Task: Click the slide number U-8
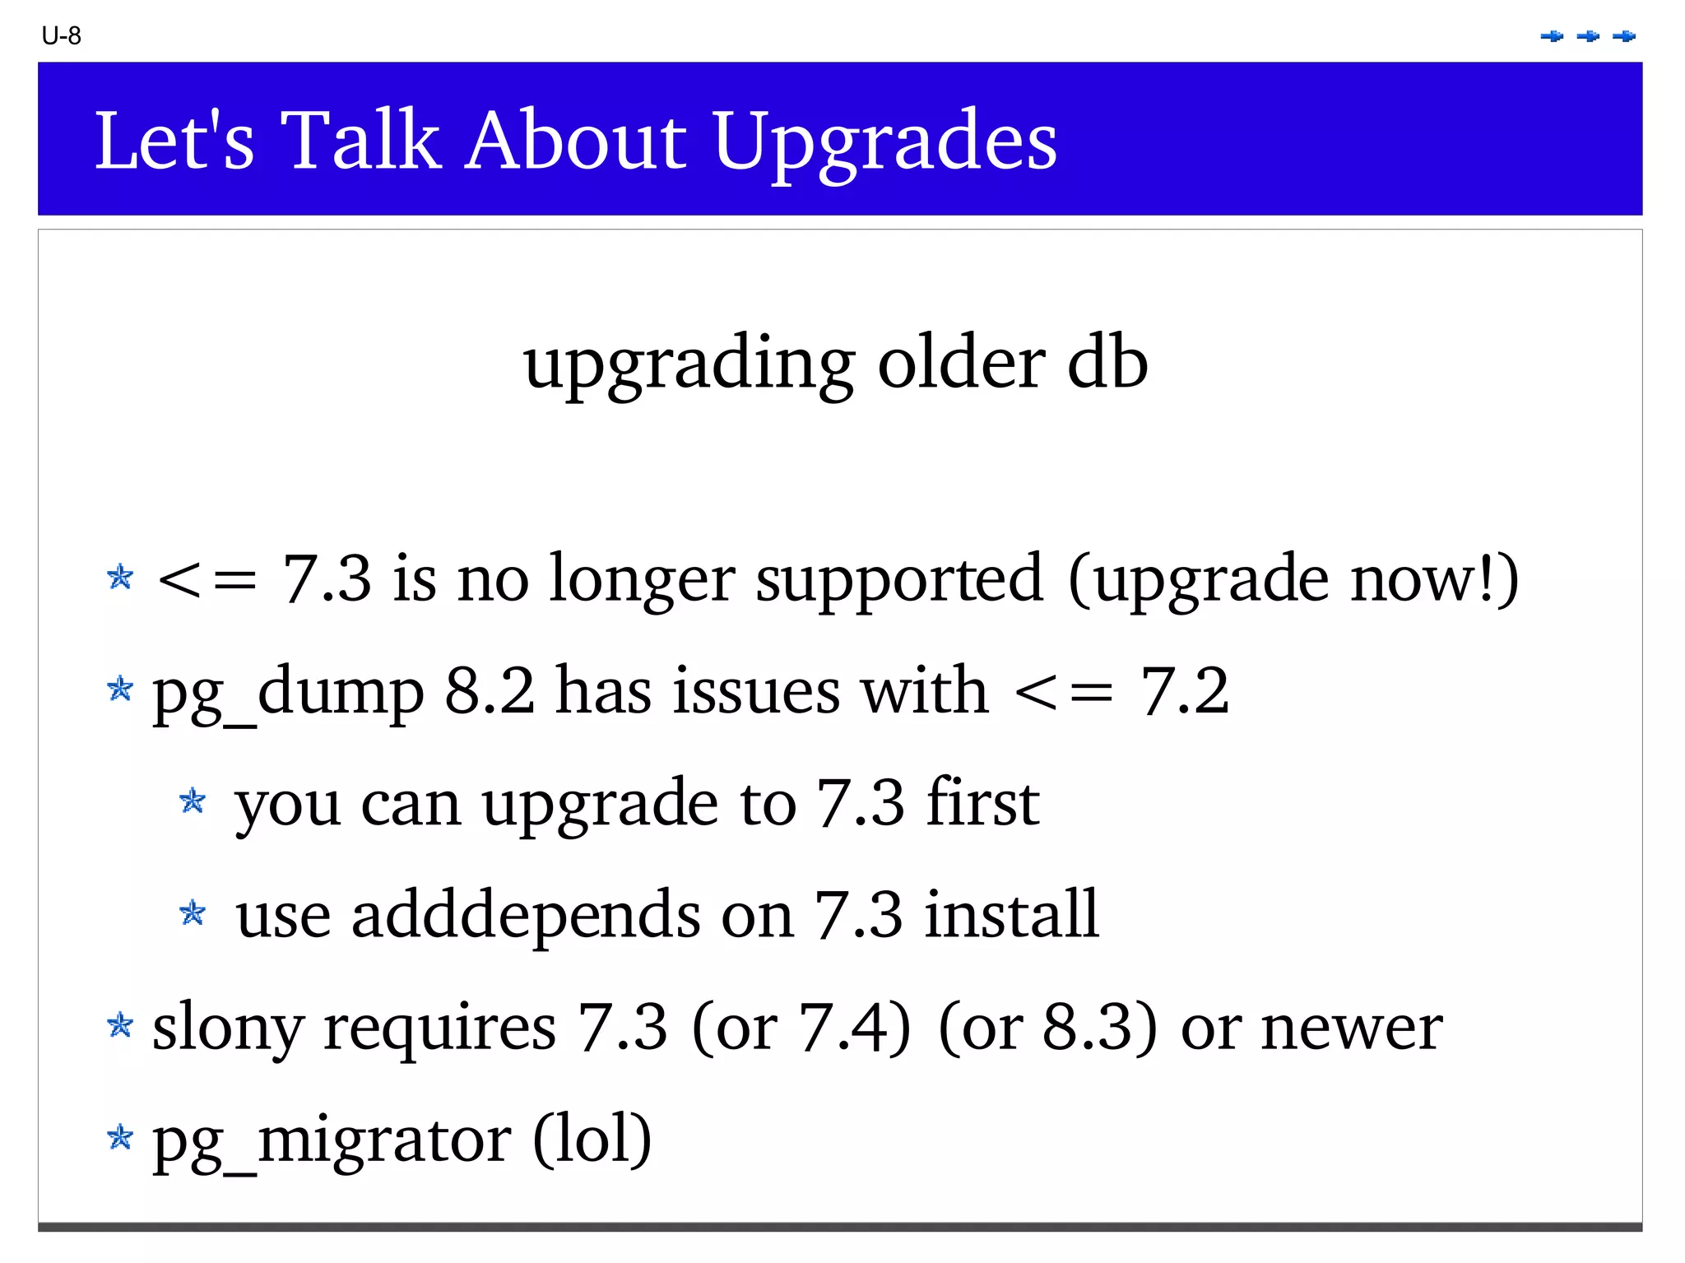point(61,36)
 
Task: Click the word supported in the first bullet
point(899,578)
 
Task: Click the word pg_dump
point(288,691)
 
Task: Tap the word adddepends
point(526,914)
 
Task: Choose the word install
point(1011,914)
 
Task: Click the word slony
point(228,1027)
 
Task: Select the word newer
point(1352,1027)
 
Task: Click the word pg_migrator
point(332,1140)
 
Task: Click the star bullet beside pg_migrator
point(120,1137)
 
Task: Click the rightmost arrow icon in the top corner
point(1624,36)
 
